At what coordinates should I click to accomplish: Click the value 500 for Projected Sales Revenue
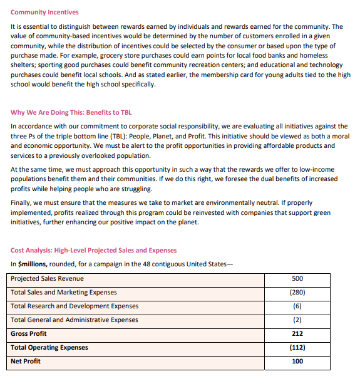(297, 279)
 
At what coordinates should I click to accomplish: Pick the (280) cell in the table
(297, 293)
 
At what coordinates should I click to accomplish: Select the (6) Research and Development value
(297, 306)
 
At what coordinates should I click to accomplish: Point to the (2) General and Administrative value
(297, 320)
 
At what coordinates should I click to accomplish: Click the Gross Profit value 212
(297, 334)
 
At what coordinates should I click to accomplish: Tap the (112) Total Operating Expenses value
(297, 348)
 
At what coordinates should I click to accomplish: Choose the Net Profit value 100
(297, 362)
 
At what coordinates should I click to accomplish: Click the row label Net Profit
(26, 362)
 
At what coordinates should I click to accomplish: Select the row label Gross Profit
(29, 334)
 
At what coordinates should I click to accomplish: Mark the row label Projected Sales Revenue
(47, 279)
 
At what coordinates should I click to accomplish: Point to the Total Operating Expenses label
(49, 348)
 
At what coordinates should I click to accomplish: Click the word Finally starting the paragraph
(22, 202)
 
